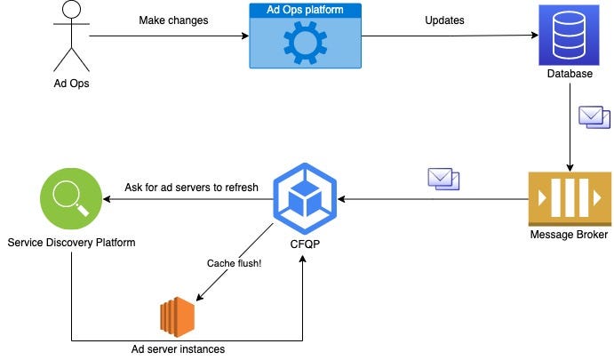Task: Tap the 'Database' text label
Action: pyautogui.click(x=570, y=74)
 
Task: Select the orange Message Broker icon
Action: pyautogui.click(x=570, y=197)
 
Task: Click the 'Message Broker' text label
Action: pyautogui.click(x=570, y=235)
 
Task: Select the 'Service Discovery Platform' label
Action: pyautogui.click(x=71, y=242)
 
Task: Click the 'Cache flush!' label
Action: pyautogui.click(x=233, y=263)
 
